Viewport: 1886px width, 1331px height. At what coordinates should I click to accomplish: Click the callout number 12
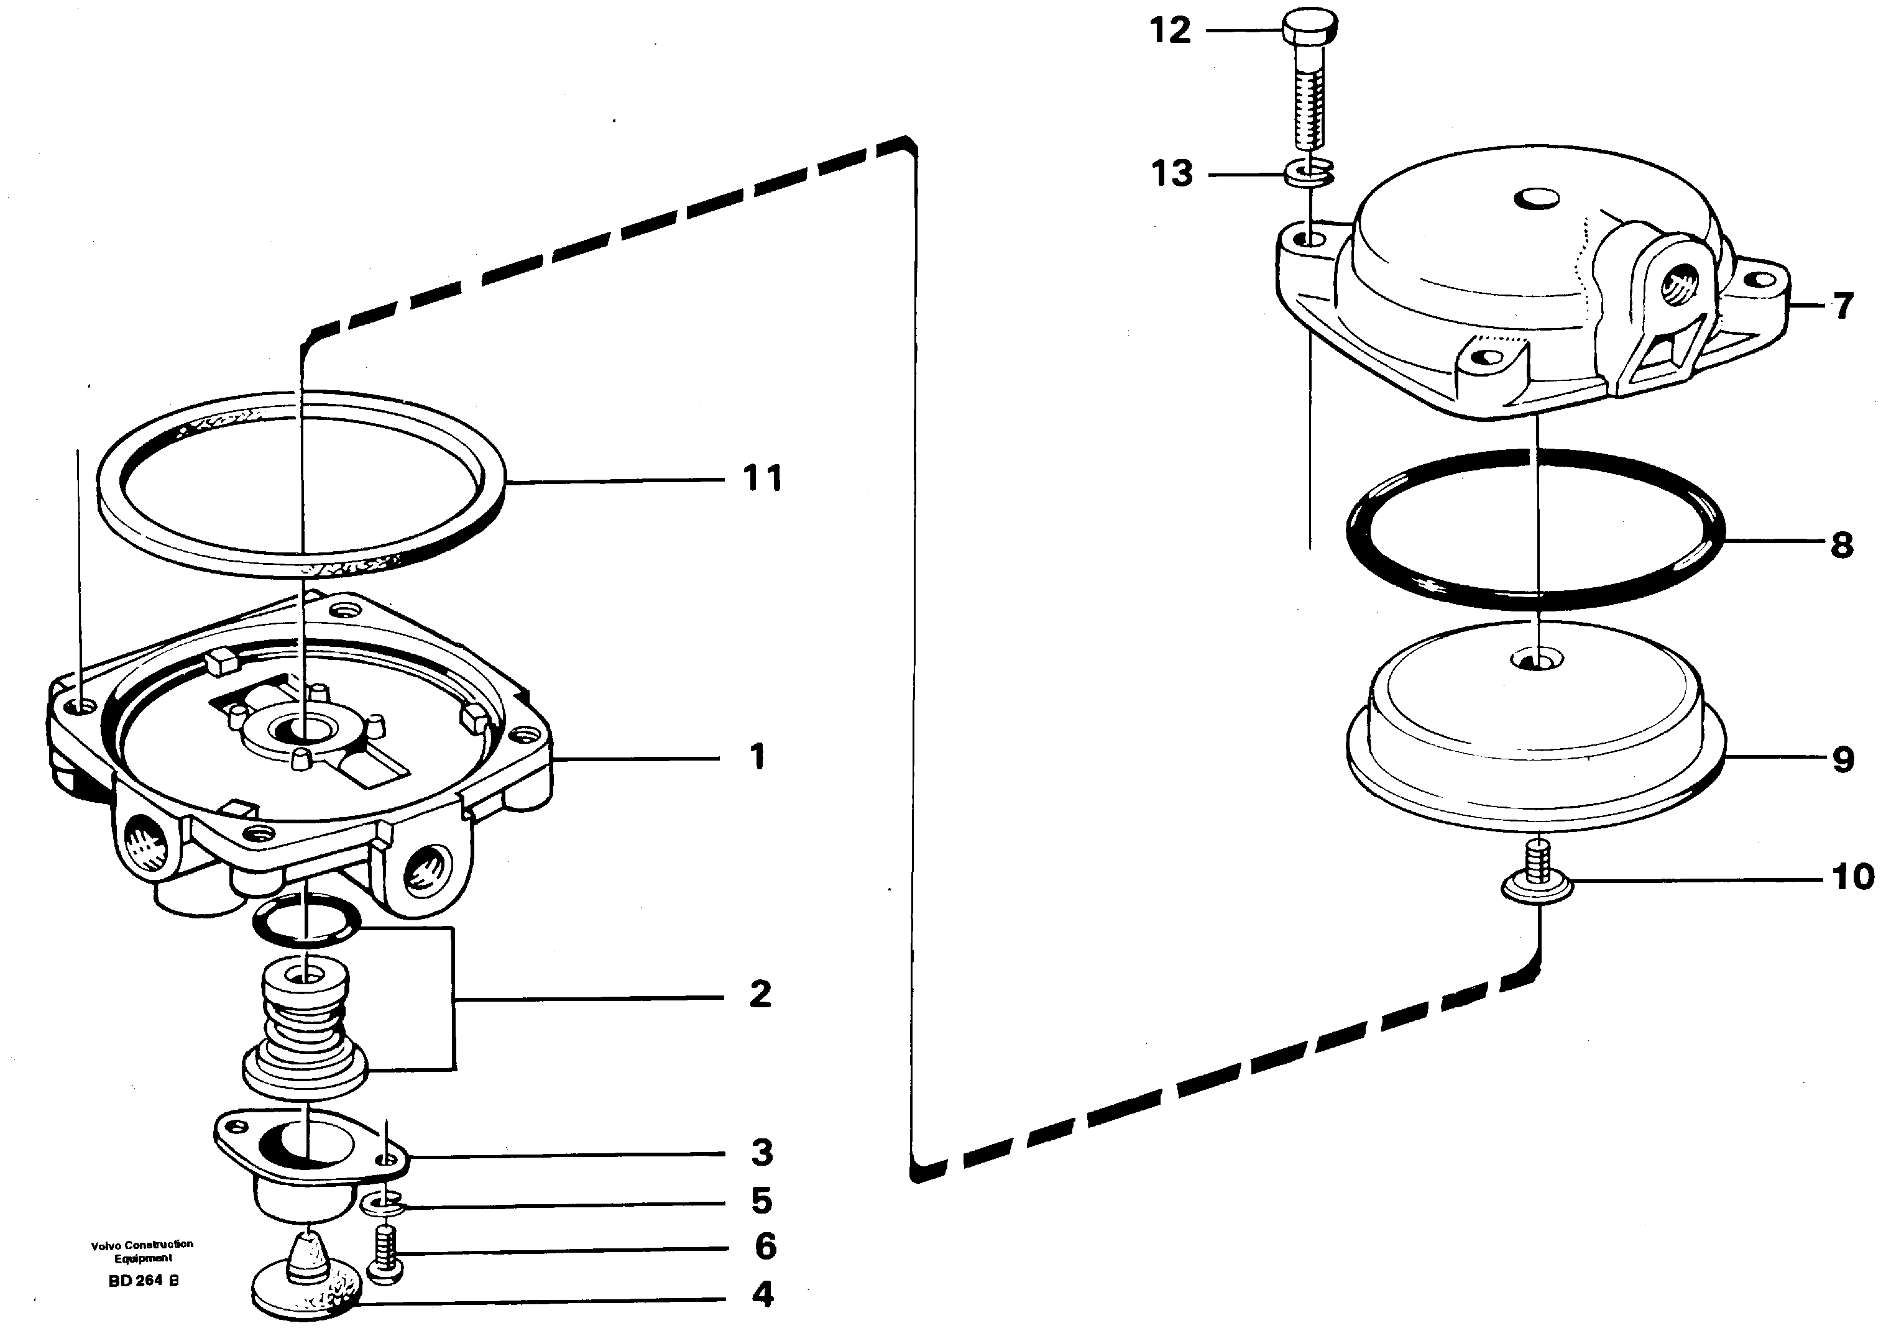[1170, 31]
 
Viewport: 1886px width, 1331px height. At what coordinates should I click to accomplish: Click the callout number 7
[1843, 306]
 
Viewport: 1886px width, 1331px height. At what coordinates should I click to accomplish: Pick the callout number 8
[1842, 545]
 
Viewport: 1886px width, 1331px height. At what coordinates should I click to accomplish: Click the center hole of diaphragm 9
[1533, 659]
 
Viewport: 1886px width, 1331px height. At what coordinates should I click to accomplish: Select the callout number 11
[762, 478]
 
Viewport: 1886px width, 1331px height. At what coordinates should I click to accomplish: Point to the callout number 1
[757, 757]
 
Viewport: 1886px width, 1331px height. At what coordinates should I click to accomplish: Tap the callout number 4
[762, 1295]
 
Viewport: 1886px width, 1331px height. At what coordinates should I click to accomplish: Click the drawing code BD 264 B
[143, 1281]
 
